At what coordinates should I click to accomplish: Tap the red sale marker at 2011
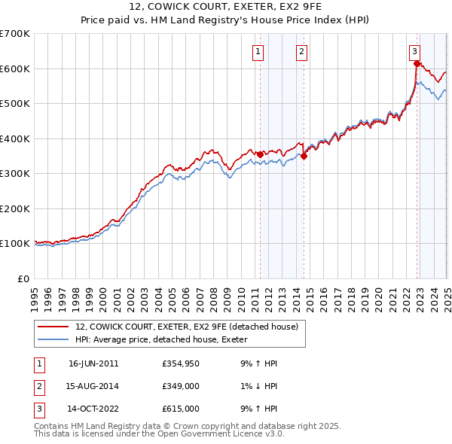point(261,154)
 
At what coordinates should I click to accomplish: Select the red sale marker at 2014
point(304,157)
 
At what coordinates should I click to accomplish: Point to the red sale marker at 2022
point(417,63)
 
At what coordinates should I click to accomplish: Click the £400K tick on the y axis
point(15,138)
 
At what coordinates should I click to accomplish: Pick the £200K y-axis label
point(15,208)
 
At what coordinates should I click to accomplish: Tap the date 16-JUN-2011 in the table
point(93,363)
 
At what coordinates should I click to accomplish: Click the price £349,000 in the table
point(181,386)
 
